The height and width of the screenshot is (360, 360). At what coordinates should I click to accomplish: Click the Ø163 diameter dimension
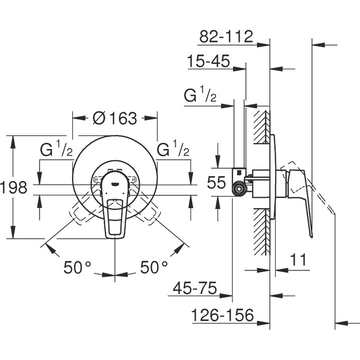coord(115,118)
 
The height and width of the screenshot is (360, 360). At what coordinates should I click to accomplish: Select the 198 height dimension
coord(14,187)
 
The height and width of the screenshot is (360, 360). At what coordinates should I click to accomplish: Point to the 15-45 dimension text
coord(208,62)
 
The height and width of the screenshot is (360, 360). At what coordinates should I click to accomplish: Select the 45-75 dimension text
coord(195,289)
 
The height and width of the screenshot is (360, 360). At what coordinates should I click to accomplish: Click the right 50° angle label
coord(154,267)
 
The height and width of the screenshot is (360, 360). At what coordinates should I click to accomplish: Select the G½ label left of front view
coord(57,150)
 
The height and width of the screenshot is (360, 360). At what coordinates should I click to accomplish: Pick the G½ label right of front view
coord(174,150)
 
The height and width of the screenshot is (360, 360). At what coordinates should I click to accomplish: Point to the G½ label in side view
coord(200,96)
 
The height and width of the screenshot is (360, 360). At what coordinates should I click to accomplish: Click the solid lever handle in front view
coord(115,217)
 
